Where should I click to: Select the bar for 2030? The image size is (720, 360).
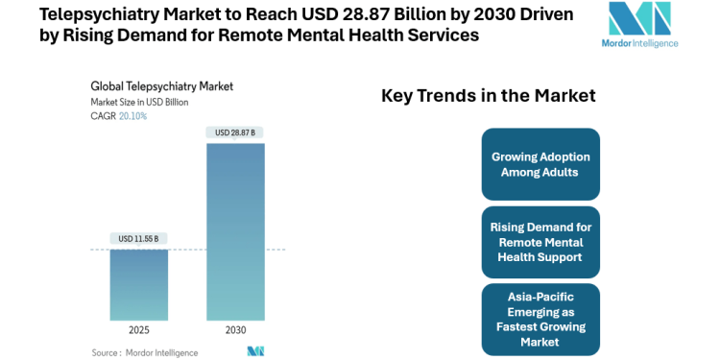click(x=235, y=230)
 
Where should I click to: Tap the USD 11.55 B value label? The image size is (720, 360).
click(x=138, y=238)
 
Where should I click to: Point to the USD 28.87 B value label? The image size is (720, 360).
click(x=235, y=132)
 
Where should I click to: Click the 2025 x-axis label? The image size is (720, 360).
click(x=138, y=330)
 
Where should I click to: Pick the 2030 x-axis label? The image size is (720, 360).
click(x=235, y=330)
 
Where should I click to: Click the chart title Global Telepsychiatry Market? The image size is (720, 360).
click(x=161, y=86)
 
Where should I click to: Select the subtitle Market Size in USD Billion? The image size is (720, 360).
click(x=140, y=101)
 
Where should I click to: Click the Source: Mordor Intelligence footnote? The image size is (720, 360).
click(x=144, y=352)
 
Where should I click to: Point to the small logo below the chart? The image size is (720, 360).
click(x=255, y=351)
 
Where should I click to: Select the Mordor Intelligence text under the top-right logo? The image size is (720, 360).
click(x=642, y=43)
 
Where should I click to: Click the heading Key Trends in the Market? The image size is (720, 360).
click(x=489, y=96)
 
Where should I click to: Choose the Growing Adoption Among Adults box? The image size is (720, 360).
click(x=540, y=164)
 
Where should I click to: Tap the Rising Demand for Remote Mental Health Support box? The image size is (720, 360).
click(x=540, y=242)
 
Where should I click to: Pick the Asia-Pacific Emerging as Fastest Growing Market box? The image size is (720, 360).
click(x=540, y=319)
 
